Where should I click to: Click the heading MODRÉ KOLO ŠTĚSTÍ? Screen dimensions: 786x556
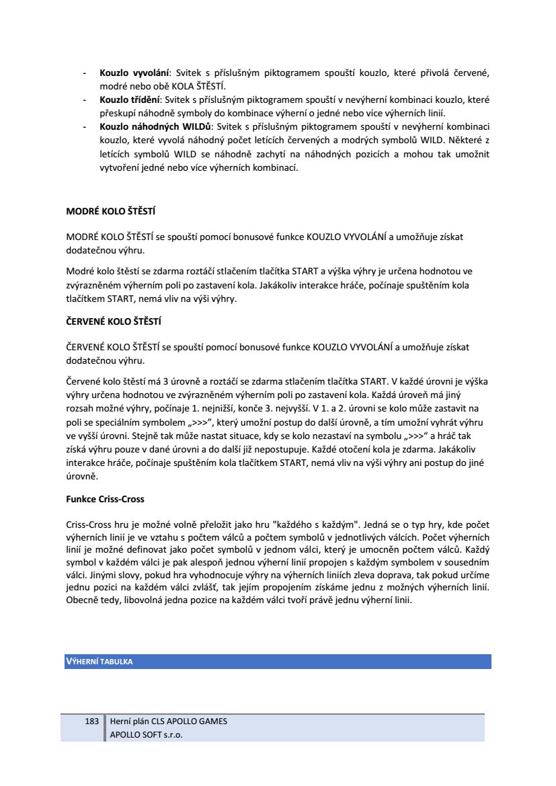tap(111, 211)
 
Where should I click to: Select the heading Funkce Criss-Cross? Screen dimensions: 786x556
tap(106, 500)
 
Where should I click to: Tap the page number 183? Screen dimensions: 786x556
tap(92, 721)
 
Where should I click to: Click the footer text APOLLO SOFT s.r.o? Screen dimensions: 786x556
tap(147, 735)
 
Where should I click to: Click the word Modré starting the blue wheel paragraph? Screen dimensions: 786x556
tap(80, 271)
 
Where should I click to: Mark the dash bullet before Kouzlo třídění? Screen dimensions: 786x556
tap(84, 100)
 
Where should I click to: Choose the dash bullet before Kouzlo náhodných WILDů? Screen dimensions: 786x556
tap(84, 126)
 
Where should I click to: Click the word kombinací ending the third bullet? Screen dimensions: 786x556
tap(275, 168)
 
